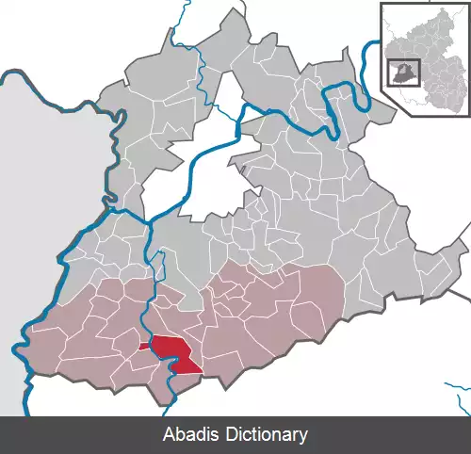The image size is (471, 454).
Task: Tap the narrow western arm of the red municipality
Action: pos(143,347)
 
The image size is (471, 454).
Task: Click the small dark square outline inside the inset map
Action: pos(403,72)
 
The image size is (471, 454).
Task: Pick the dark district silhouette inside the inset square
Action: pos(401,73)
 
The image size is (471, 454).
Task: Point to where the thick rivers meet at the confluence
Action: pos(150,224)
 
